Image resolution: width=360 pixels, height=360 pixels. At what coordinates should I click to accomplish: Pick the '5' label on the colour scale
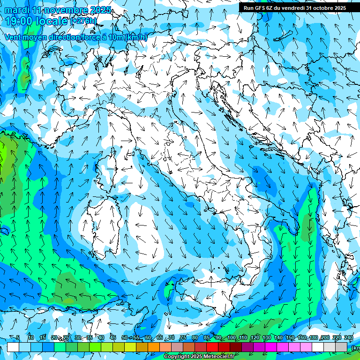(x=18, y=337)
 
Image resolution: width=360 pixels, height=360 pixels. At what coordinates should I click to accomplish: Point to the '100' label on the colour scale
(x=232, y=337)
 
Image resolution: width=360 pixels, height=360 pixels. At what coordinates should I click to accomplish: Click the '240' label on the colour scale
(x=349, y=337)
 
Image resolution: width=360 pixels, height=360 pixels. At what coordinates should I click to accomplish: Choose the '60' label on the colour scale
(x=148, y=337)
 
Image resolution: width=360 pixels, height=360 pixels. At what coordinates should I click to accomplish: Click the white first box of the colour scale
(x=13, y=347)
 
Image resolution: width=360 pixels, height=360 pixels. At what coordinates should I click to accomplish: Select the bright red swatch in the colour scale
(x=212, y=347)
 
